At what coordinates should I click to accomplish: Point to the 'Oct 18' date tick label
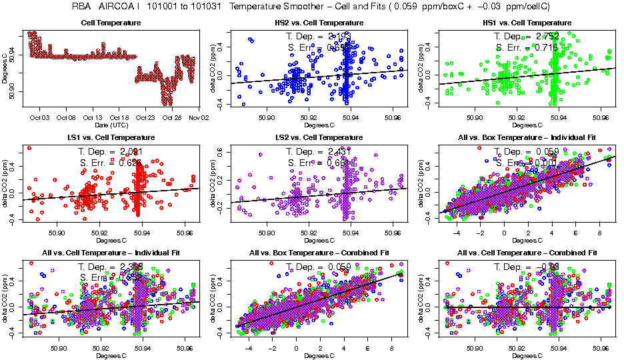pos(119,117)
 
